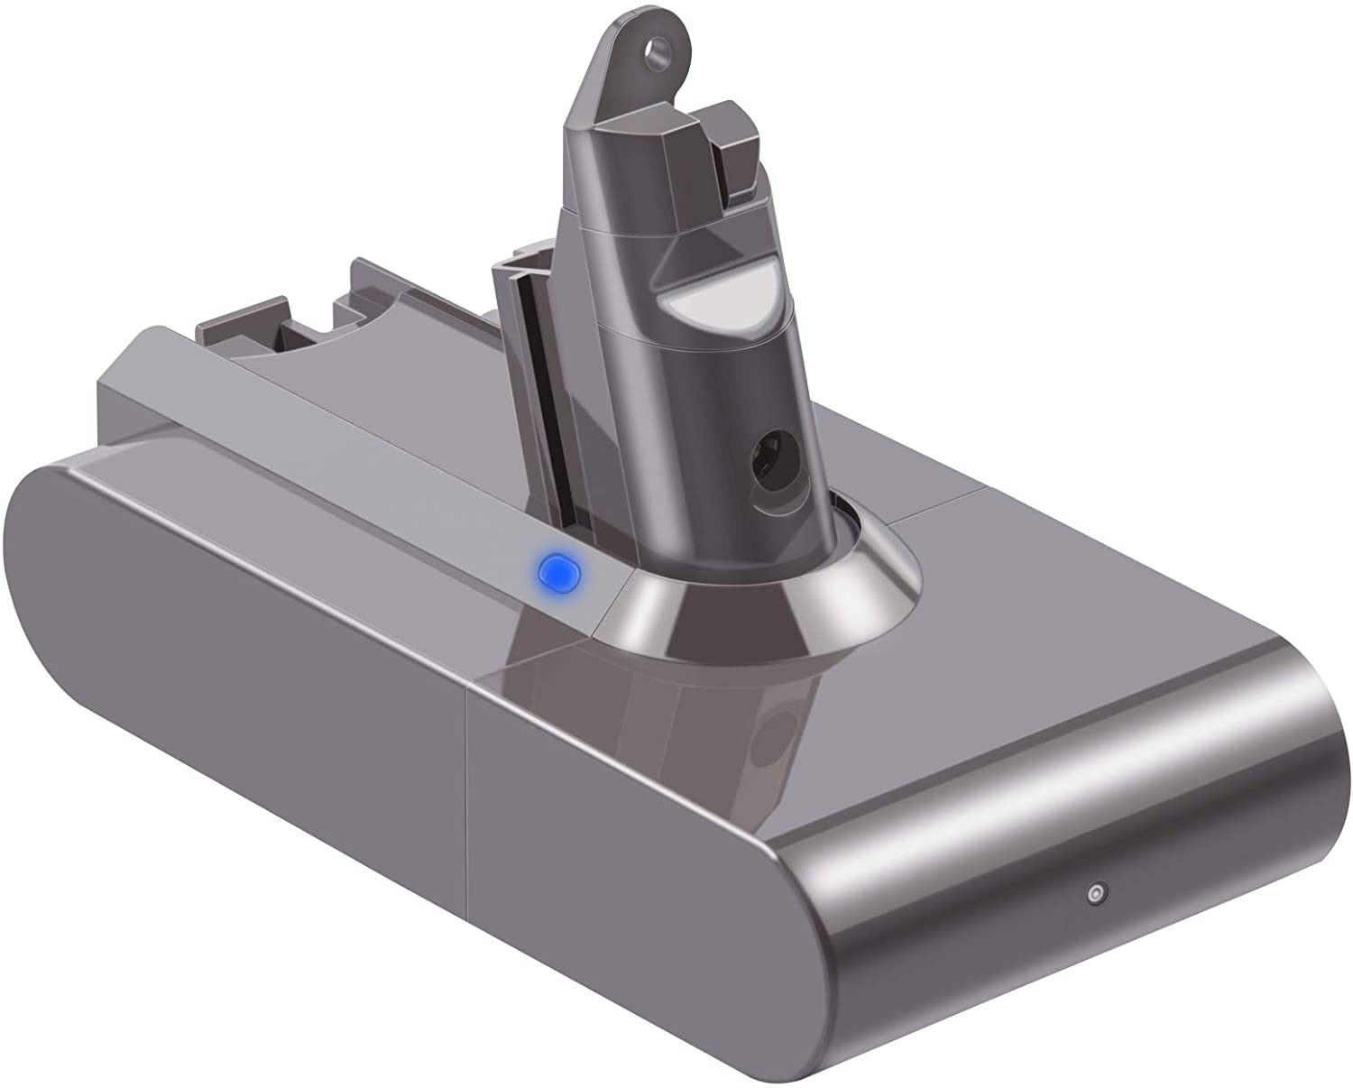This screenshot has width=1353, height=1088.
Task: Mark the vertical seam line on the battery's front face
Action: pyautogui.click(x=465, y=794)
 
